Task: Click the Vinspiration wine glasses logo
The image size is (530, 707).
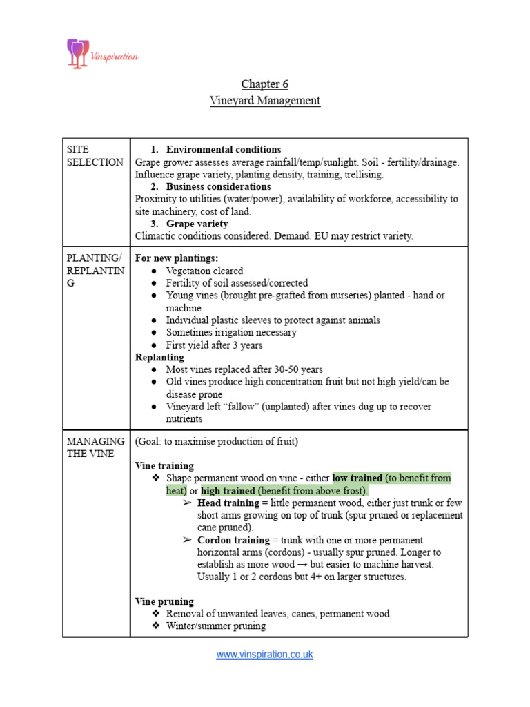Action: click(x=77, y=53)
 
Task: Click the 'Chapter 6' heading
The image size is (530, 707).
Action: click(x=264, y=84)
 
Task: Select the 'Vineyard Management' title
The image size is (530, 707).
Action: click(x=264, y=101)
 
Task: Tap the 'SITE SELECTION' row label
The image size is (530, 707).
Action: click(x=95, y=156)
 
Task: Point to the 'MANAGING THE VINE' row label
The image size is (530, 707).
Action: click(x=95, y=447)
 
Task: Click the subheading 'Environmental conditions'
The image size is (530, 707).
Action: click(x=223, y=150)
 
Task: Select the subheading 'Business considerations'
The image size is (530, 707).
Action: click(x=218, y=187)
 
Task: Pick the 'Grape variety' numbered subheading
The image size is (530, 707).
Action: click(x=197, y=224)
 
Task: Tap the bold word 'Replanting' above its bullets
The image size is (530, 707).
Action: click(x=159, y=358)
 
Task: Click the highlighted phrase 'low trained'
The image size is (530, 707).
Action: click(x=357, y=478)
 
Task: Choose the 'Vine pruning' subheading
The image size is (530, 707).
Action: click(x=164, y=601)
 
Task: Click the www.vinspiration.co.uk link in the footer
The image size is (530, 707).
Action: click(x=264, y=655)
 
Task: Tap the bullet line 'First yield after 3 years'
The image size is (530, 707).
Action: click(x=214, y=345)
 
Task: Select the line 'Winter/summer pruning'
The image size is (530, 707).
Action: click(x=215, y=626)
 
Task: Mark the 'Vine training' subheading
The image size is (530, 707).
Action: click(x=164, y=466)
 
